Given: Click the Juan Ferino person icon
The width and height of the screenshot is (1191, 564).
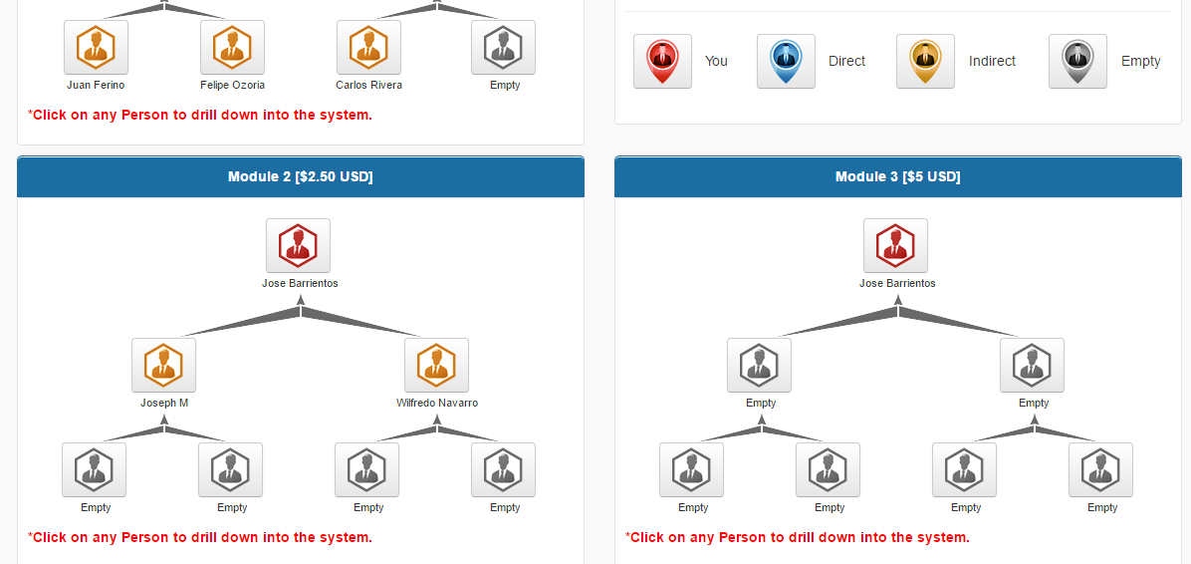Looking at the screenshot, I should coord(96,47).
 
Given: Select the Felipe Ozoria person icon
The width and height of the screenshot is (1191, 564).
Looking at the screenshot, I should coord(232,47).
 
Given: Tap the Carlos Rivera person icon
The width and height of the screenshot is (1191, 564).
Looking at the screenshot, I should coord(368,47).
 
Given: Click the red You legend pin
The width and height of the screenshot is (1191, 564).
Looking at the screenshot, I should coord(662,61).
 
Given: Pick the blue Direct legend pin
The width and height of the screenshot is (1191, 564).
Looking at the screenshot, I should coord(786,61).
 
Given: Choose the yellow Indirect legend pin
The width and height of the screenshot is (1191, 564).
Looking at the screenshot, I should coord(925,61).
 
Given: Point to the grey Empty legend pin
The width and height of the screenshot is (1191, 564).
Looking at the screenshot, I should coord(1077,61).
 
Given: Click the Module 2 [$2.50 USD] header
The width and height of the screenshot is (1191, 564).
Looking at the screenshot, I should coord(300,177).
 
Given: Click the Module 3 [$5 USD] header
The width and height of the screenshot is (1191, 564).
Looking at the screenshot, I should coord(897,177).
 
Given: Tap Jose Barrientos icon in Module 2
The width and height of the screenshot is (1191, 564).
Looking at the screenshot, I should coord(298,245).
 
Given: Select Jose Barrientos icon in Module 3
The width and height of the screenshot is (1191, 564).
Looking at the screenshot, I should coord(895,245).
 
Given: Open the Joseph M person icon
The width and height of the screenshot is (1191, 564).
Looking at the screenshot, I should coord(163,365).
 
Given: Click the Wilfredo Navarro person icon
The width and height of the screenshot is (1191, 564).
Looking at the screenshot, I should coord(436,365).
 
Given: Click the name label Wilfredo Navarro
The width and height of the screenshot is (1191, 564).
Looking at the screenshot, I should coord(436,403).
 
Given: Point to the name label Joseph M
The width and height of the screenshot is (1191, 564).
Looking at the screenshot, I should coord(164,403).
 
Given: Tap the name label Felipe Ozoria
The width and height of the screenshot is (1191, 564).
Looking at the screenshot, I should coord(232,85).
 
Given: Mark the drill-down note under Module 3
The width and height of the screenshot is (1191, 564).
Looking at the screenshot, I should coord(797,537).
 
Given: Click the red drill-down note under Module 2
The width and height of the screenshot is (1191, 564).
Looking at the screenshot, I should coord(199,537).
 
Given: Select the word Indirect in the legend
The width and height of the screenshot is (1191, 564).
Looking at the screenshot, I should coord(992,61).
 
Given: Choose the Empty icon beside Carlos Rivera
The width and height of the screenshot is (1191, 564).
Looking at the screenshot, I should coord(503,47).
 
